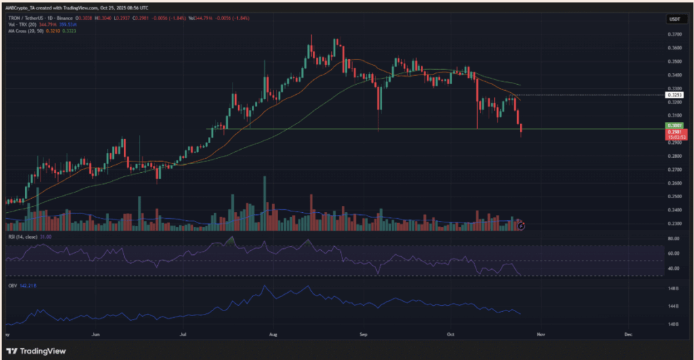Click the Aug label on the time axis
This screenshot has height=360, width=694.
(274, 334)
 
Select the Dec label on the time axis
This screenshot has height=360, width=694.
(628, 334)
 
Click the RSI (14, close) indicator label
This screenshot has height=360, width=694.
(22, 237)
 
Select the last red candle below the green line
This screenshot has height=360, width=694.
(521, 130)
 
